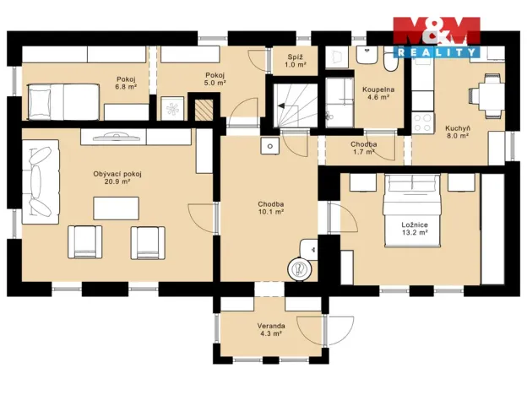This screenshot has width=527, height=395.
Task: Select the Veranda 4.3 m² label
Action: pyautogui.click(x=270, y=329)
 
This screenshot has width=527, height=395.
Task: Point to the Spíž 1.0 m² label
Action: pyautogui.click(x=294, y=61)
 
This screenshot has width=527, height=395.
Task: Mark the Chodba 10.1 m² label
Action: pyautogui.click(x=270, y=208)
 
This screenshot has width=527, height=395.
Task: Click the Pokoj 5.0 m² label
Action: pyautogui.click(x=215, y=78)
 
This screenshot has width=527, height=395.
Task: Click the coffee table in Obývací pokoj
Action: pyautogui.click(x=117, y=208)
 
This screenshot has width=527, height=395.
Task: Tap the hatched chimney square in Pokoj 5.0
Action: pyautogui.click(x=203, y=108)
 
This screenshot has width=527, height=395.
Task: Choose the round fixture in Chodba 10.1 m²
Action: pyautogui.click(x=299, y=268)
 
